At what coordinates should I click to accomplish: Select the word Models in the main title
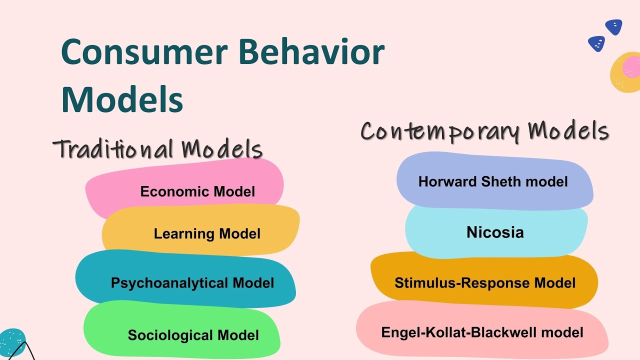point(122,98)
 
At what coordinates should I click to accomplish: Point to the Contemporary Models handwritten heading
point(484,131)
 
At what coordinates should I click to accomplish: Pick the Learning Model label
point(207,233)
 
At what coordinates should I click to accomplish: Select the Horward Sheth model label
point(493,181)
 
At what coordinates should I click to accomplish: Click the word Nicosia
point(495,232)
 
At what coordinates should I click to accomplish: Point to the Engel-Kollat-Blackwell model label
point(482,332)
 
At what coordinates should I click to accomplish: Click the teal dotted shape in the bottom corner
point(11,340)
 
